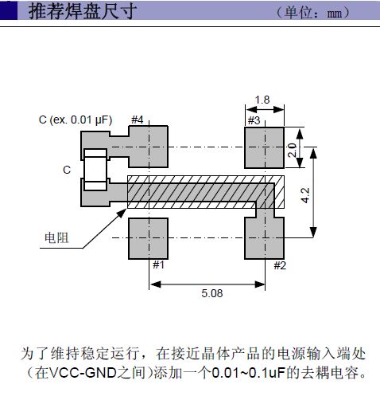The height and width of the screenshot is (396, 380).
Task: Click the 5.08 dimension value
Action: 212,293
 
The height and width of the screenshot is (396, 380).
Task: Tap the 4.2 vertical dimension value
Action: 305,195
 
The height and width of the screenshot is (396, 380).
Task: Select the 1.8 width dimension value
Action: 262,100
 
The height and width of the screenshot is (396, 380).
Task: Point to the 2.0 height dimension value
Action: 292,150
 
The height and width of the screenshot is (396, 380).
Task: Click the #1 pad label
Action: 159,265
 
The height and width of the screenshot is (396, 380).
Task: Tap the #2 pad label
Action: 280,265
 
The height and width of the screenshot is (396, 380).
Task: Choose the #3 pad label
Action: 254,120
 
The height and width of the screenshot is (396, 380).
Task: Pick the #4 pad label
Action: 138,120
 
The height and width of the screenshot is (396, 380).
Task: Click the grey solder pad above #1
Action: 148,238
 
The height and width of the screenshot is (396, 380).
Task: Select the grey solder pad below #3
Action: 264,147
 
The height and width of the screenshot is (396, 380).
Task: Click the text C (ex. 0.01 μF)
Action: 76,120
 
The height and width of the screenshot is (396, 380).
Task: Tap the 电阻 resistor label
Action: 56,238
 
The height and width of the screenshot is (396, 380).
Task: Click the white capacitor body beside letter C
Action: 95,170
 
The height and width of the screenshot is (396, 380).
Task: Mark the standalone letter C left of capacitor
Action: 67,170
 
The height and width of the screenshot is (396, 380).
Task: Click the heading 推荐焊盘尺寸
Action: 83,11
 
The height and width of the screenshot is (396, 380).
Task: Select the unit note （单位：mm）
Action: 313,13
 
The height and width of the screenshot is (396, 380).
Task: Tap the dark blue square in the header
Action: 9,10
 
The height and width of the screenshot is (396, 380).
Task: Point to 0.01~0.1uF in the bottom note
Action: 248,373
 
